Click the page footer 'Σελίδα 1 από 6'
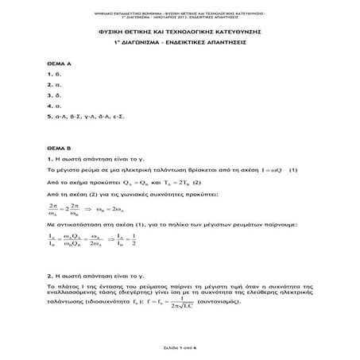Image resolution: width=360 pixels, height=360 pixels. [x=180, y=347]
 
